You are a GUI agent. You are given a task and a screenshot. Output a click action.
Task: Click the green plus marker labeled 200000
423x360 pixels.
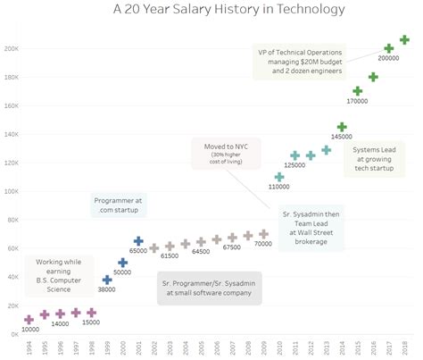389,49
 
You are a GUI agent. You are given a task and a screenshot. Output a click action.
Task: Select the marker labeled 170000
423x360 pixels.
358,91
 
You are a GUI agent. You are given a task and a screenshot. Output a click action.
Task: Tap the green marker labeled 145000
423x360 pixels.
342,127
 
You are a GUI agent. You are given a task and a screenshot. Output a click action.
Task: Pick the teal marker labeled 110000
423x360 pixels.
279,177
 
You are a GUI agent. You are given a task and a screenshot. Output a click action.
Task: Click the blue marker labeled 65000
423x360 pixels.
138,241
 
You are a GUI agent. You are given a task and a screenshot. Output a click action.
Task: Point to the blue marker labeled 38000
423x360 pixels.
107,280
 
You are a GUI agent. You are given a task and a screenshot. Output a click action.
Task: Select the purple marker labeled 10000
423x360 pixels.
29,319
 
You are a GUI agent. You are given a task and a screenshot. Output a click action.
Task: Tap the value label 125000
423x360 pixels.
295,166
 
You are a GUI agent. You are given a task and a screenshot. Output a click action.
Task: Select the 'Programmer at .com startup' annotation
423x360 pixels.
120,205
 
